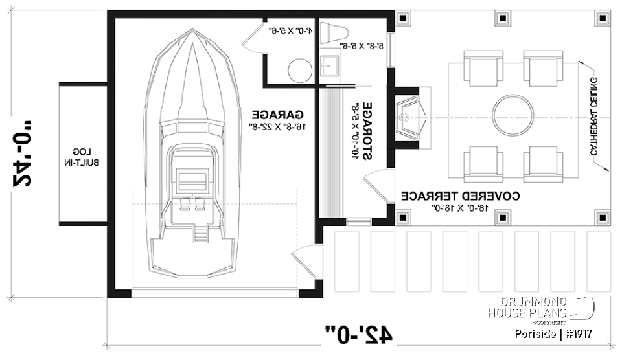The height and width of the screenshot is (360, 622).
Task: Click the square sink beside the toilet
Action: coord(331,64)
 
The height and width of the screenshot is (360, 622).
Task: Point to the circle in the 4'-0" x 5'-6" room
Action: coord(299,69)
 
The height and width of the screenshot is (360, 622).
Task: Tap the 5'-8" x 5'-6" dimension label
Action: coord(362,46)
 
